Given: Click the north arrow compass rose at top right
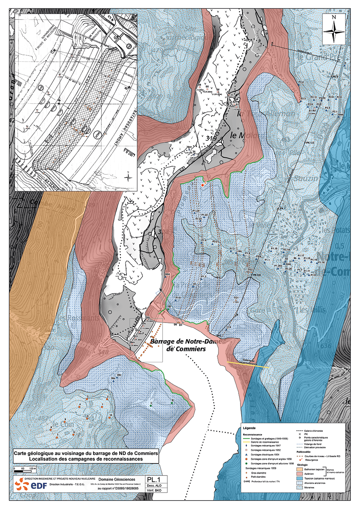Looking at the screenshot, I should point(334,29).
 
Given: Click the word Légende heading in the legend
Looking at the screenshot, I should point(249,428).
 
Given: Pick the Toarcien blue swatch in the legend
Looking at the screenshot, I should point(300,478).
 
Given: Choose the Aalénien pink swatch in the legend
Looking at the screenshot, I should point(300,474).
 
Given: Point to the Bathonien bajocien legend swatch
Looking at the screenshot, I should point(300,469).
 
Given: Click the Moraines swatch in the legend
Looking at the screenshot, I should point(300,488).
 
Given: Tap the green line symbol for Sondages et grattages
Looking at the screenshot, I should point(246,438).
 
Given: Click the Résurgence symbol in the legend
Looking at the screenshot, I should point(300,460).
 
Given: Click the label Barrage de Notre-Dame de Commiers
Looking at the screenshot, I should point(185,345).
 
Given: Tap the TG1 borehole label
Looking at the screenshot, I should point(236,298).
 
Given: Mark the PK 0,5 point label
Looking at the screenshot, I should point(256,275).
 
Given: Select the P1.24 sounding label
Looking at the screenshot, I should point(196,211).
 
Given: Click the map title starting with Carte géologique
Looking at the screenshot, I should point(86,456).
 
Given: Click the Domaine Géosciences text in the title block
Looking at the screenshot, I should point(117,479).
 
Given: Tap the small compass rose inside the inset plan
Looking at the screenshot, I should point(128,177).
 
